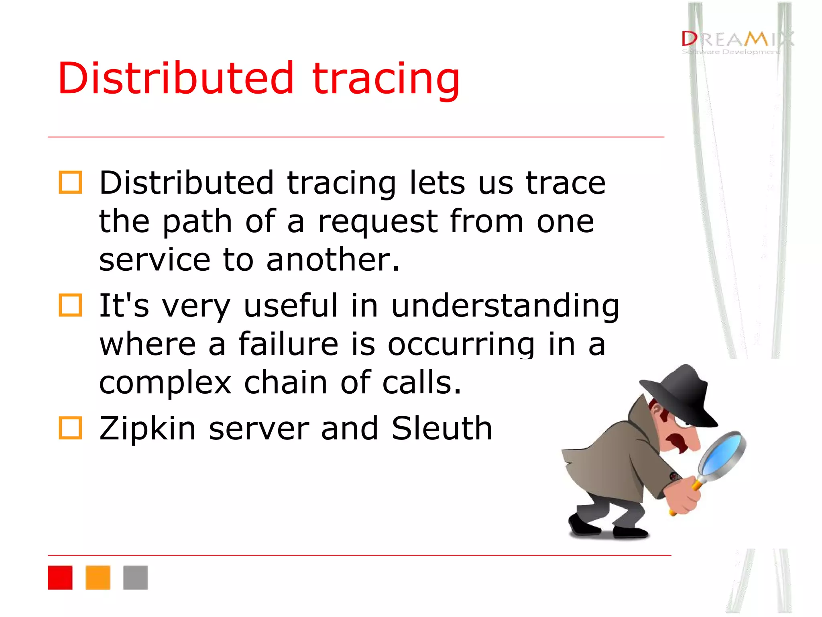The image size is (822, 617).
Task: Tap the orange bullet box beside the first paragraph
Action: (70, 183)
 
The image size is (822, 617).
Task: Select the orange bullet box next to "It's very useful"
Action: (70, 305)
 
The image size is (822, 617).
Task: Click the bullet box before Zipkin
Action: (70, 428)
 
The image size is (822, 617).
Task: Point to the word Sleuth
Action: (442, 428)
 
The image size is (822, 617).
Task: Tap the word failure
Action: (288, 344)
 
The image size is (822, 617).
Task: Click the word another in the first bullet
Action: (332, 260)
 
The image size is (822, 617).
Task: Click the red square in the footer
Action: (60, 578)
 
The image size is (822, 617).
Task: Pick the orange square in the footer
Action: (98, 578)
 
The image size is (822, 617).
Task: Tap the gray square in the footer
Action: (136, 578)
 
